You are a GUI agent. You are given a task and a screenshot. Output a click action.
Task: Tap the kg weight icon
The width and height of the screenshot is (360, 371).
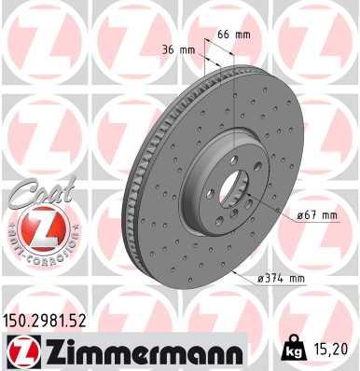point(292,350)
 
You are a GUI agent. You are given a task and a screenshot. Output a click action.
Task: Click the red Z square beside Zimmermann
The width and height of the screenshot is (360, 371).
point(21,351)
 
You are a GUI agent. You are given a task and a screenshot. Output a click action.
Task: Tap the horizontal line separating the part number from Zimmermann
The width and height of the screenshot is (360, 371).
point(121,334)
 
